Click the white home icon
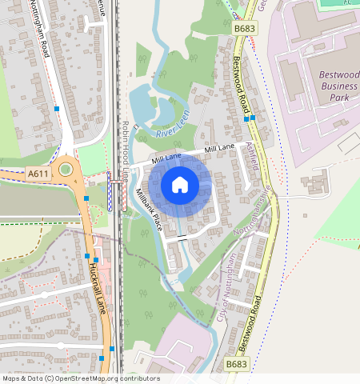pyautogui.click(x=180, y=185)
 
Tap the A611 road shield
pyautogui.click(x=37, y=172)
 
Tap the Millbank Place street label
pyautogui.click(x=150, y=210)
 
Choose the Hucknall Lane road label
pyautogui.click(x=98, y=286)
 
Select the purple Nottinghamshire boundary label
pyautogui.click(x=254, y=214)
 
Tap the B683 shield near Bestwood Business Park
pyautogui.click(x=245, y=29)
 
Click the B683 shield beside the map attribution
pyautogui.click(x=235, y=364)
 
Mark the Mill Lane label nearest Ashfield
pyautogui.click(x=219, y=149)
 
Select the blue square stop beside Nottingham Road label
pyautogui.click(x=57, y=108)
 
